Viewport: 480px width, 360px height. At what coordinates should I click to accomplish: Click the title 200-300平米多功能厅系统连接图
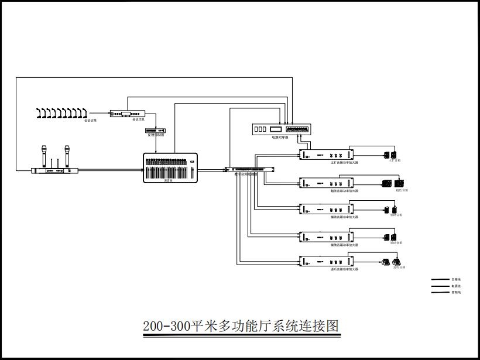click(x=241, y=326)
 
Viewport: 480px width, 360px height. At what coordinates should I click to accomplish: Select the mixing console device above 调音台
click(x=170, y=167)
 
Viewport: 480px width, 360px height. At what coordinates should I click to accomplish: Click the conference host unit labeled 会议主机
click(x=127, y=114)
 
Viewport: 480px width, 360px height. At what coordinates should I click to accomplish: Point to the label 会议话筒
click(x=90, y=120)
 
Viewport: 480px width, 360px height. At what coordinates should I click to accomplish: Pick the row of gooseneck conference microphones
click(x=61, y=112)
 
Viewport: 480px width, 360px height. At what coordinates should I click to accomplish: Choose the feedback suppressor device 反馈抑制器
click(x=156, y=130)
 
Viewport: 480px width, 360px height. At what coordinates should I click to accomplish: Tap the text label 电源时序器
click(x=280, y=138)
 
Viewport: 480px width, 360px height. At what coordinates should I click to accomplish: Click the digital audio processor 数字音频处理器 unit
click(x=249, y=169)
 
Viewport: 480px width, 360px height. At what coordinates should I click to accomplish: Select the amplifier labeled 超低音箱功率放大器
click(x=326, y=182)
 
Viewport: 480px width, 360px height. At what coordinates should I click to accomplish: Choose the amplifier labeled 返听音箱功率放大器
click(x=326, y=261)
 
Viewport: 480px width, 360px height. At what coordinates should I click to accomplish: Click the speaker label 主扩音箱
click(x=394, y=160)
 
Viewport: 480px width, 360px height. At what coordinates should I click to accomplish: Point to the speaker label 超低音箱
click(x=402, y=190)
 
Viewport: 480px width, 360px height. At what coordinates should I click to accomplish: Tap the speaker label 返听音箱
click(x=399, y=267)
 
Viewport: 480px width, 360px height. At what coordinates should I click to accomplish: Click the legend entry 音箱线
click(x=455, y=280)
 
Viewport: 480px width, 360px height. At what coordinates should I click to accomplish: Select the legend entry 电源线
click(x=455, y=286)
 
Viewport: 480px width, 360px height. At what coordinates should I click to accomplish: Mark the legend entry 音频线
click(x=455, y=293)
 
